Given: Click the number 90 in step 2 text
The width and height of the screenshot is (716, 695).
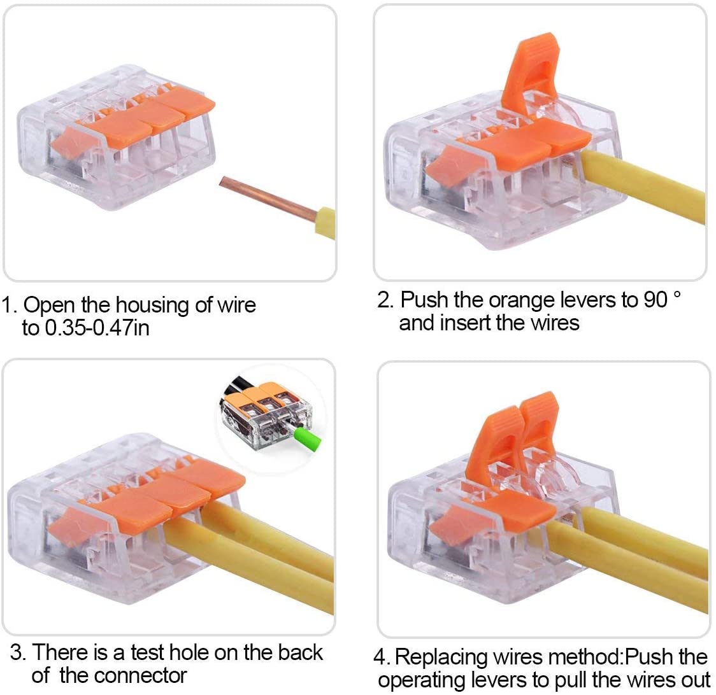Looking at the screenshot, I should [654, 299].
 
